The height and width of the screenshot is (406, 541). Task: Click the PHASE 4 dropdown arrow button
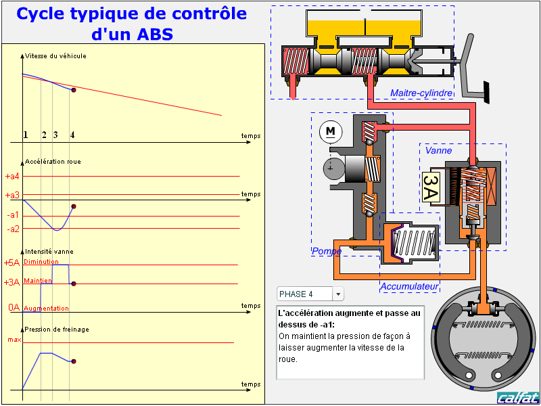[338, 294]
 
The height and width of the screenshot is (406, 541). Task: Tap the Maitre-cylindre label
[421, 93]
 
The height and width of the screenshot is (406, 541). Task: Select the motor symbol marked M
[330, 131]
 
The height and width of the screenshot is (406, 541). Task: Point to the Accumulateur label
[410, 287]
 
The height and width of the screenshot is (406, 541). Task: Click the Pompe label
[326, 251]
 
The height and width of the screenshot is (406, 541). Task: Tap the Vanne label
[438, 151]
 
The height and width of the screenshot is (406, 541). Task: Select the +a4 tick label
[12, 177]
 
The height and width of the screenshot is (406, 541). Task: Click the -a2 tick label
[14, 229]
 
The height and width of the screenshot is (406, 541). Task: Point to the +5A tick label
[12, 263]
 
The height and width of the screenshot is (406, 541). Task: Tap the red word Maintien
[38, 280]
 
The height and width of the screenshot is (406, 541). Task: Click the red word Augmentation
[46, 309]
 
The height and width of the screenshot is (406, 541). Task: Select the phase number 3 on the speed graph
[55, 135]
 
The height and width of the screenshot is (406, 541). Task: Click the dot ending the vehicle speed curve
[73, 90]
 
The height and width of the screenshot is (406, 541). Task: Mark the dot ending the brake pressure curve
[73, 361]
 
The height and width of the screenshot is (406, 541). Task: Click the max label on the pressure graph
[14, 340]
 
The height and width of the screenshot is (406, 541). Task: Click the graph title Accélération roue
[52, 162]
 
